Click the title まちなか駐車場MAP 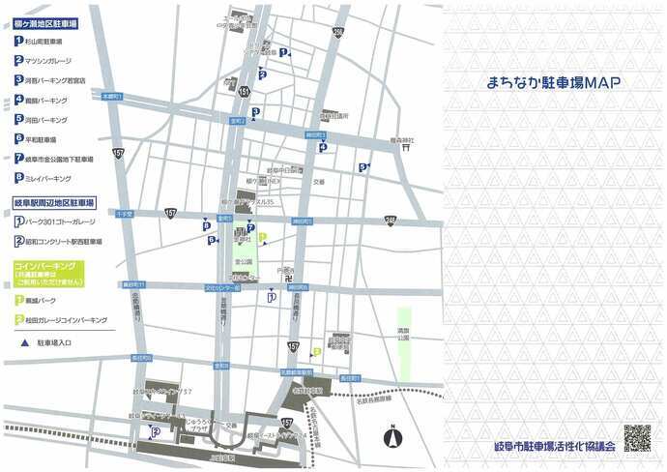tap(554, 84)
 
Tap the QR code tap(636, 438)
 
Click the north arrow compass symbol tap(391, 437)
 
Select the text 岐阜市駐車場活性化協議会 tap(553, 448)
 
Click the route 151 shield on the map tap(245, 90)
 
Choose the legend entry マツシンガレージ tap(57, 60)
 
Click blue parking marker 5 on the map tap(362, 167)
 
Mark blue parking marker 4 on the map tap(323, 147)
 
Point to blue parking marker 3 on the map tap(254, 112)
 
